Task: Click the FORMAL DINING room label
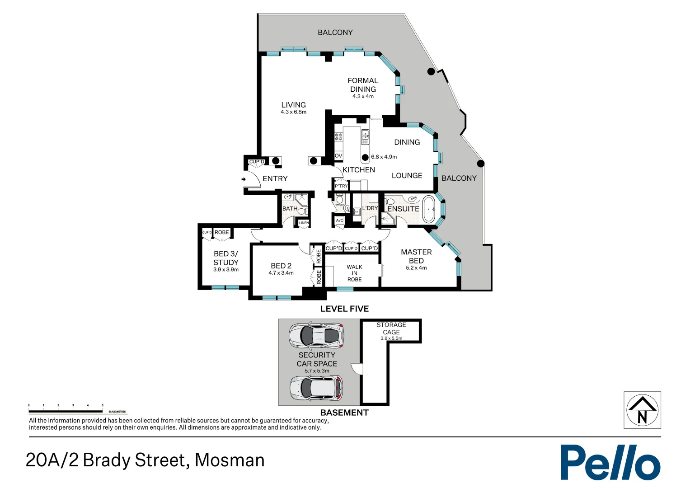363,85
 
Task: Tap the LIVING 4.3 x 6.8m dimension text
293,112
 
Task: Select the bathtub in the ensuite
428,209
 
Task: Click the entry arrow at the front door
244,179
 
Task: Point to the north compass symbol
642,410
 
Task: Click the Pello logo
610,462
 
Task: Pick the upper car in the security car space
316,335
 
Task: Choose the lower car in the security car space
316,388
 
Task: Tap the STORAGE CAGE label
391,328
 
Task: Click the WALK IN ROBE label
355,273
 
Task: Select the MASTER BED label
416,256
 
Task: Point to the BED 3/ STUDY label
226,258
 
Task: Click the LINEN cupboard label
304,223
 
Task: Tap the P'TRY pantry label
341,186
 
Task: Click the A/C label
340,221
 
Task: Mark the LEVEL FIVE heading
344,309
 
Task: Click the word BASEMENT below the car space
344,413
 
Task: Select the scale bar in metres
66,411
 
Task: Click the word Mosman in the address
230,460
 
